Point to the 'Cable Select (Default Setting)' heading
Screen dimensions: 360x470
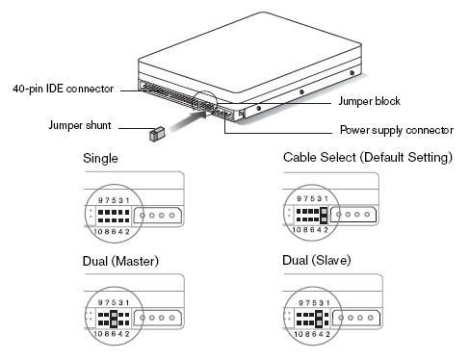click(x=367, y=158)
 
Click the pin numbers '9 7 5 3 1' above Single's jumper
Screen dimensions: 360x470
click(x=110, y=199)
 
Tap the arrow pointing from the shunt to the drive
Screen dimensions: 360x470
click(x=187, y=120)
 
